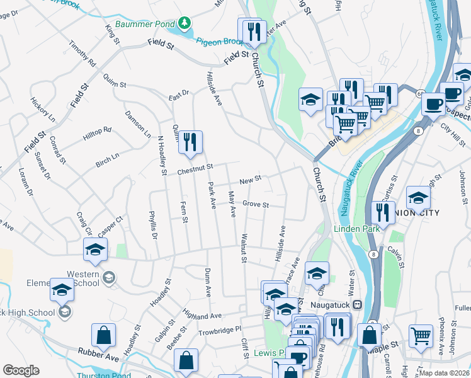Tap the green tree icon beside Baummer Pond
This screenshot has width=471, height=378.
click(x=184, y=24)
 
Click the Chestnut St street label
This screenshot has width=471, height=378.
click(x=195, y=166)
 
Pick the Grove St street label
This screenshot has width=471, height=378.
click(x=256, y=205)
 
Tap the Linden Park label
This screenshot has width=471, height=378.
click(x=357, y=229)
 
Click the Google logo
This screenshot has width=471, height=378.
click(x=21, y=370)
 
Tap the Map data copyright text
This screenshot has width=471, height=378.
click(x=443, y=373)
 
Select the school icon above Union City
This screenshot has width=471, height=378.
click(x=418, y=198)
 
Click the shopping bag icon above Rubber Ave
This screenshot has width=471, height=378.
click(x=103, y=335)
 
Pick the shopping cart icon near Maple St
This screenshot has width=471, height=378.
click(x=421, y=335)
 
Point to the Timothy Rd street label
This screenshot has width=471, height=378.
click(x=82, y=55)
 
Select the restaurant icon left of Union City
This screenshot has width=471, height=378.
click(x=383, y=212)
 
